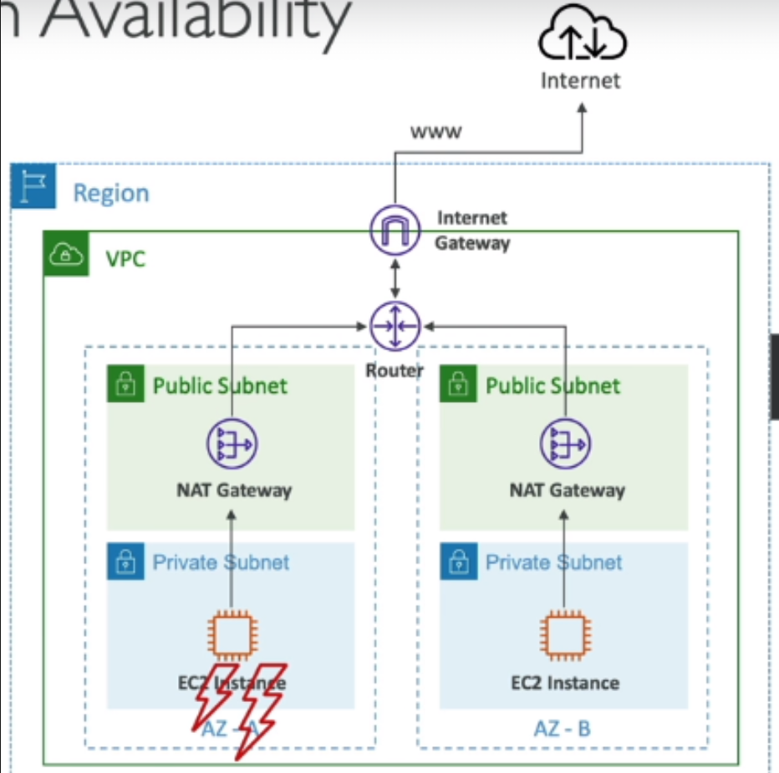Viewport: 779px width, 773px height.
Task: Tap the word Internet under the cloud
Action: (581, 81)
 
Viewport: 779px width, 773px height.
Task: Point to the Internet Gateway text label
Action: (472, 230)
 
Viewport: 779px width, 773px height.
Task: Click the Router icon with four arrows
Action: (395, 326)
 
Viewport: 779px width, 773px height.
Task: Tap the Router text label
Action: (395, 369)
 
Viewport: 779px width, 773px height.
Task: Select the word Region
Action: (111, 193)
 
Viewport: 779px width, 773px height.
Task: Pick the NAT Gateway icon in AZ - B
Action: (565, 445)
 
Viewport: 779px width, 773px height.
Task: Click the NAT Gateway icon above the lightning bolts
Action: (232, 445)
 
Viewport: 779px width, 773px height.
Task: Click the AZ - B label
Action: (562, 728)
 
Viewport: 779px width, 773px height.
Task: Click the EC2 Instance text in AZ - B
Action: (565, 683)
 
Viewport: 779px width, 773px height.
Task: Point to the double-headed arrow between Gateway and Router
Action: (395, 277)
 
